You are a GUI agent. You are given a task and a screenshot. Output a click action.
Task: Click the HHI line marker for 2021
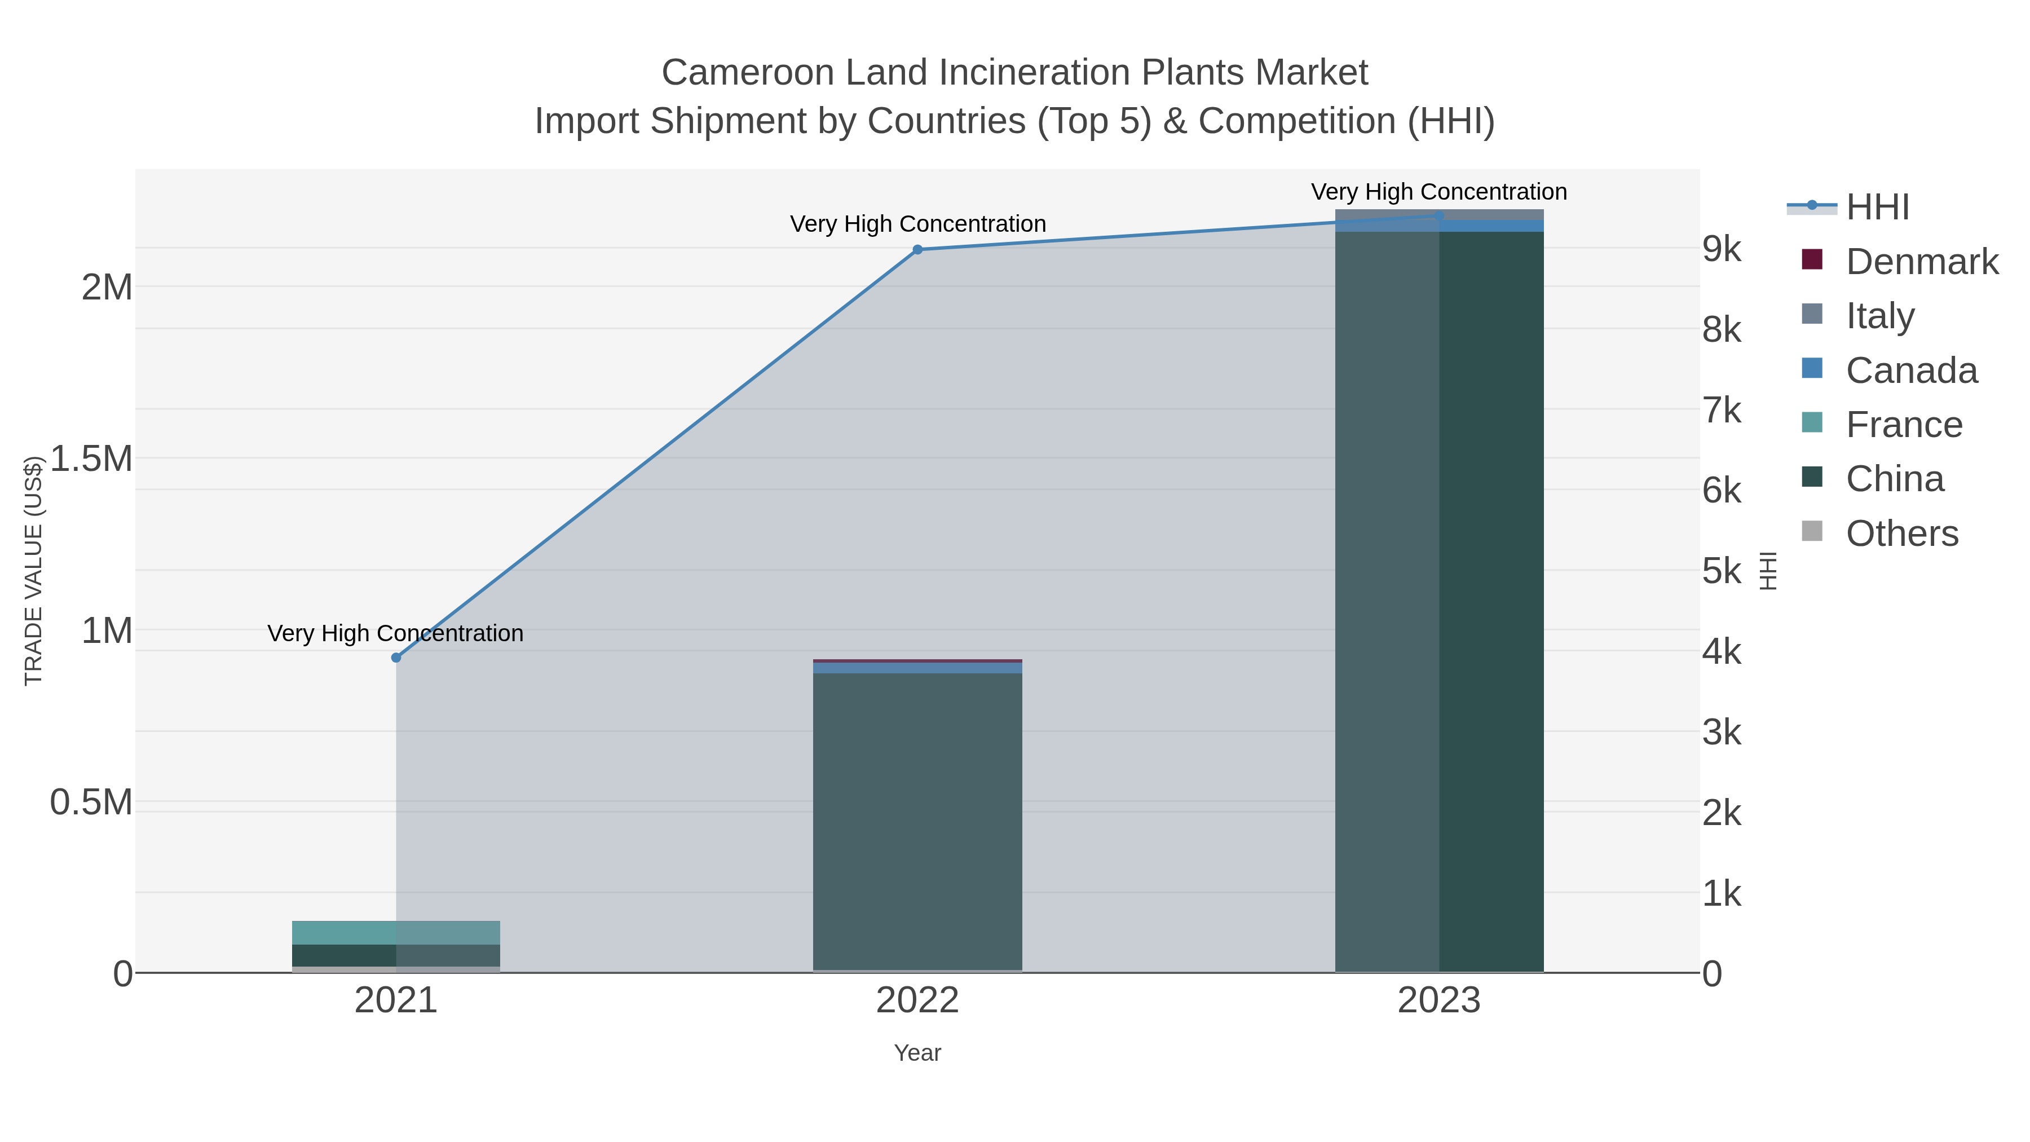[396, 658]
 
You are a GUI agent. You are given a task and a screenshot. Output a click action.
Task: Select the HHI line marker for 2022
[917, 250]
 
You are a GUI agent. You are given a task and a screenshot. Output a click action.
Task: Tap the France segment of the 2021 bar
[396, 932]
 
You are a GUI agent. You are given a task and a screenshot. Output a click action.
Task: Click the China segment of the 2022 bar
[917, 819]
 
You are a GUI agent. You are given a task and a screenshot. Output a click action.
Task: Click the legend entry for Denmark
[1921, 262]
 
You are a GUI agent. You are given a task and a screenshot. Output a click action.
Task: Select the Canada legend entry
[1911, 371]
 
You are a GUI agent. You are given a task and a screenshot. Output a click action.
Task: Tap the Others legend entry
[1901, 533]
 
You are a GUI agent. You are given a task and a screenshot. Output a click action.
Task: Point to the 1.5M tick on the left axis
[91, 458]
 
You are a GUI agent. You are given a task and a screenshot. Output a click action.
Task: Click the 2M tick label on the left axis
[107, 288]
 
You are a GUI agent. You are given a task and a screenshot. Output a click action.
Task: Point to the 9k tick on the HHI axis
[1722, 249]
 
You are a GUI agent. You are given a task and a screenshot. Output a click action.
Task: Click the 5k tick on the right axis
[1722, 571]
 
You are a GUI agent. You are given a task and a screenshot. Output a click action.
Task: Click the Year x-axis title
[917, 1053]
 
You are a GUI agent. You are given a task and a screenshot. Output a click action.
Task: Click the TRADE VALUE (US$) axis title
[33, 571]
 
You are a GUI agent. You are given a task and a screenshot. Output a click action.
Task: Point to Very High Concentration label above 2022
[917, 224]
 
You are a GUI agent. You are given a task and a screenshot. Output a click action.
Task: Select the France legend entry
[1903, 425]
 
